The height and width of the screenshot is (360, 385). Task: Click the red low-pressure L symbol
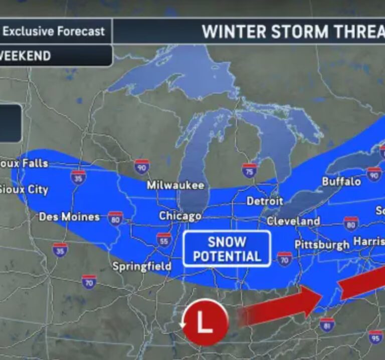[205, 322]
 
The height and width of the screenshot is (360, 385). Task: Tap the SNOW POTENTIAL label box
[227, 249]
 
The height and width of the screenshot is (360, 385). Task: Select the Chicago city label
[180, 216]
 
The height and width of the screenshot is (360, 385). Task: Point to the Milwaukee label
[175, 185]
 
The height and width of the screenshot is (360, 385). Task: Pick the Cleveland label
[293, 221]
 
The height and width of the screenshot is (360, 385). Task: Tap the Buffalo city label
[341, 181]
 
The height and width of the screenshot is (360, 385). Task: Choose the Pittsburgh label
[322, 245]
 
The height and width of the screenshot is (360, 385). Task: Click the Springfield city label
[141, 266]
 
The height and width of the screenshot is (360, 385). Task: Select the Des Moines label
[69, 217]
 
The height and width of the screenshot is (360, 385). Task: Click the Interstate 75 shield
[249, 170]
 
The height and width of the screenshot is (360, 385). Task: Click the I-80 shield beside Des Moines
[115, 218]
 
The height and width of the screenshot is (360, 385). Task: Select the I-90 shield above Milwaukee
[142, 167]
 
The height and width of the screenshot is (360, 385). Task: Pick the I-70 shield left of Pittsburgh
[284, 258]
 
